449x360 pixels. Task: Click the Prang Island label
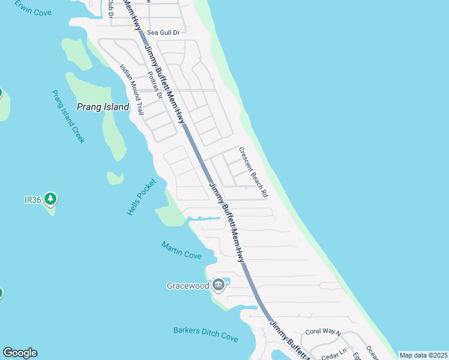[x=103, y=107]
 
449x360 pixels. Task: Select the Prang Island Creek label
[x=68, y=116]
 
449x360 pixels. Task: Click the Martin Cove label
[x=181, y=250]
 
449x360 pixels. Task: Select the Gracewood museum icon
[x=218, y=285]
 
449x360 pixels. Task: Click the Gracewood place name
[x=187, y=286]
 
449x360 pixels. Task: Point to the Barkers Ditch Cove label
[x=205, y=334]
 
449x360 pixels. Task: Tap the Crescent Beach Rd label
[x=253, y=173]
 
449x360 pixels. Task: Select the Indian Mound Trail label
[x=131, y=90]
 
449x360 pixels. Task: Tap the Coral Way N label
[x=323, y=332]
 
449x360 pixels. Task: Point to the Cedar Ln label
[x=334, y=351]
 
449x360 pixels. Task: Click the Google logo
[x=20, y=353]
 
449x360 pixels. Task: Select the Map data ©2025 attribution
[x=423, y=355]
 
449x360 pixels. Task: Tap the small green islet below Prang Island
[x=115, y=178]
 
